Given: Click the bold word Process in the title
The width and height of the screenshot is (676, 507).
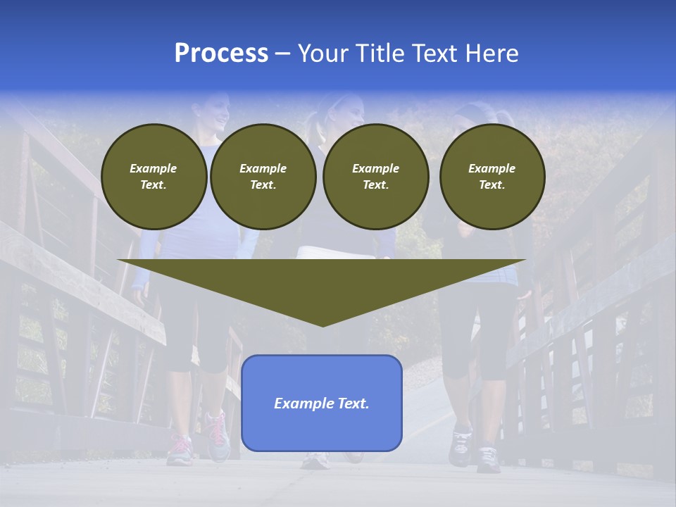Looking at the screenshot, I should (x=221, y=54).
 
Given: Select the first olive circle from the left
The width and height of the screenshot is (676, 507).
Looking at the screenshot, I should (x=154, y=177).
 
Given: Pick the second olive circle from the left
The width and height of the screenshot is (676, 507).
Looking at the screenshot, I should (x=263, y=177).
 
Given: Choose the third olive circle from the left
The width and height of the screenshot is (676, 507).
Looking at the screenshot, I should (x=375, y=177).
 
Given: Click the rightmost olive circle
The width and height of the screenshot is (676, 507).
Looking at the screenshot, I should (x=492, y=177).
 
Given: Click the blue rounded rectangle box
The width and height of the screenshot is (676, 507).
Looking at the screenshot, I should (x=322, y=430).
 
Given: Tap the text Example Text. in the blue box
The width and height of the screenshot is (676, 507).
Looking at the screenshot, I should (x=322, y=403).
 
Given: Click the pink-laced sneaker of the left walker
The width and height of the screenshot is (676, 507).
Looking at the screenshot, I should (x=217, y=434).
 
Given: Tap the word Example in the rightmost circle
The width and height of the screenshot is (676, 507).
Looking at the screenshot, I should (x=492, y=168).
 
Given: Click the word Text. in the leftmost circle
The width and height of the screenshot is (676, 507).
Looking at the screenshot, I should (x=154, y=185).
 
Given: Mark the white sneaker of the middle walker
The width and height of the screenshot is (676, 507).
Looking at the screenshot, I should (x=315, y=461).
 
